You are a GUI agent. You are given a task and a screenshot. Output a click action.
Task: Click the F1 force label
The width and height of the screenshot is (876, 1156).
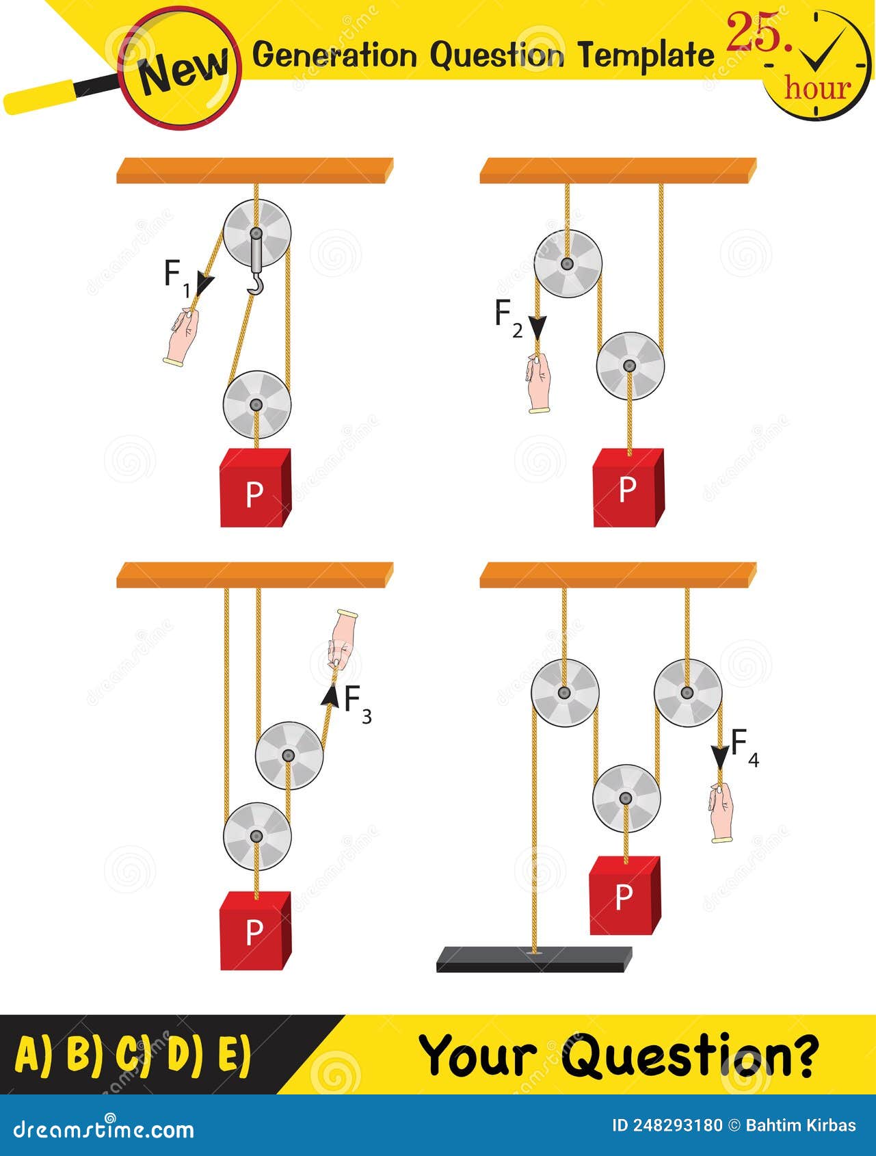point(176,277)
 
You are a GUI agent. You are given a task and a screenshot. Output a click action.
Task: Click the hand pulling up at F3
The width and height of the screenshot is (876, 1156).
point(341,639)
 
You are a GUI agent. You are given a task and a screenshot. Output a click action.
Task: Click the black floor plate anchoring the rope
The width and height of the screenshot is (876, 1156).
point(534,959)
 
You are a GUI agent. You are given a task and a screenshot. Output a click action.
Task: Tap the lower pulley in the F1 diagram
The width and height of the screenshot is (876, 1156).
point(256,405)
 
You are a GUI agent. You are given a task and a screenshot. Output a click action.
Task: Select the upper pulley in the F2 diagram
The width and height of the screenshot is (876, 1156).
point(567,264)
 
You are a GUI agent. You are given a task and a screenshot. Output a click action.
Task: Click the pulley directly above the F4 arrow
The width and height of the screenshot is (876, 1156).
point(687,692)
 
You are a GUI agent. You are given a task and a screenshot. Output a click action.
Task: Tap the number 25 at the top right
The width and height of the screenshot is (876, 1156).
point(758,34)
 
